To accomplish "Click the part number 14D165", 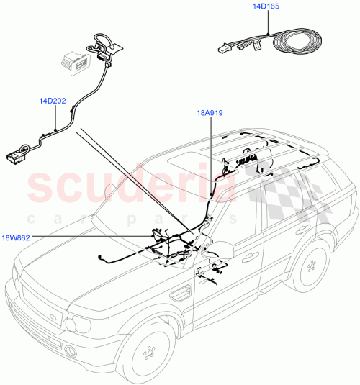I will (x=266, y=6).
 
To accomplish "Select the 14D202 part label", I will (x=53, y=102).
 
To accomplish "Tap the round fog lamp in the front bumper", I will (x=71, y=350).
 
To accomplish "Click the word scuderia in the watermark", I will (x=133, y=185).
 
